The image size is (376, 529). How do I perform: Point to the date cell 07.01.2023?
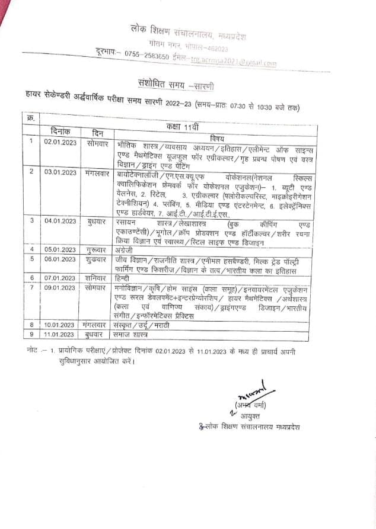click(59, 277)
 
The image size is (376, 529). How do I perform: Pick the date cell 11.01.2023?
click(59, 334)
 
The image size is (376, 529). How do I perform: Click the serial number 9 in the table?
click(31, 334)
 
